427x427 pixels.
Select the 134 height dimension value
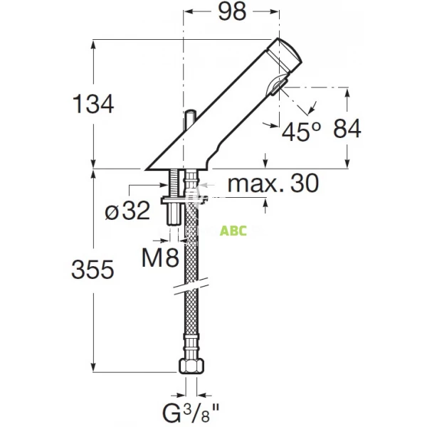93,105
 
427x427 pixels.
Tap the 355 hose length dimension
93,270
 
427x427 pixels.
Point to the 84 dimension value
347,128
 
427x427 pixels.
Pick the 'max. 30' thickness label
272,184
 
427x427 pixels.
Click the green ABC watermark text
233,231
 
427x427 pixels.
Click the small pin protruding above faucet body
190,119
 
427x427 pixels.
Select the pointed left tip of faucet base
147,169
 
